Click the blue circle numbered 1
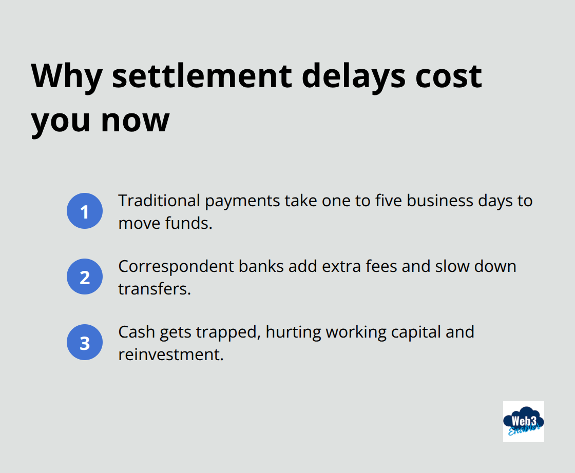click(85, 211)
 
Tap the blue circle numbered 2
click(85, 277)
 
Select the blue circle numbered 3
click(85, 342)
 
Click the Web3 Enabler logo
click(523, 421)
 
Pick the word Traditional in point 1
click(160, 201)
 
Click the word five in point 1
click(386, 201)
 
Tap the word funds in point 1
click(188, 223)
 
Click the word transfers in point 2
click(154, 289)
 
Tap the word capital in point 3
click(400, 332)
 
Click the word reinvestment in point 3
click(171, 354)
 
